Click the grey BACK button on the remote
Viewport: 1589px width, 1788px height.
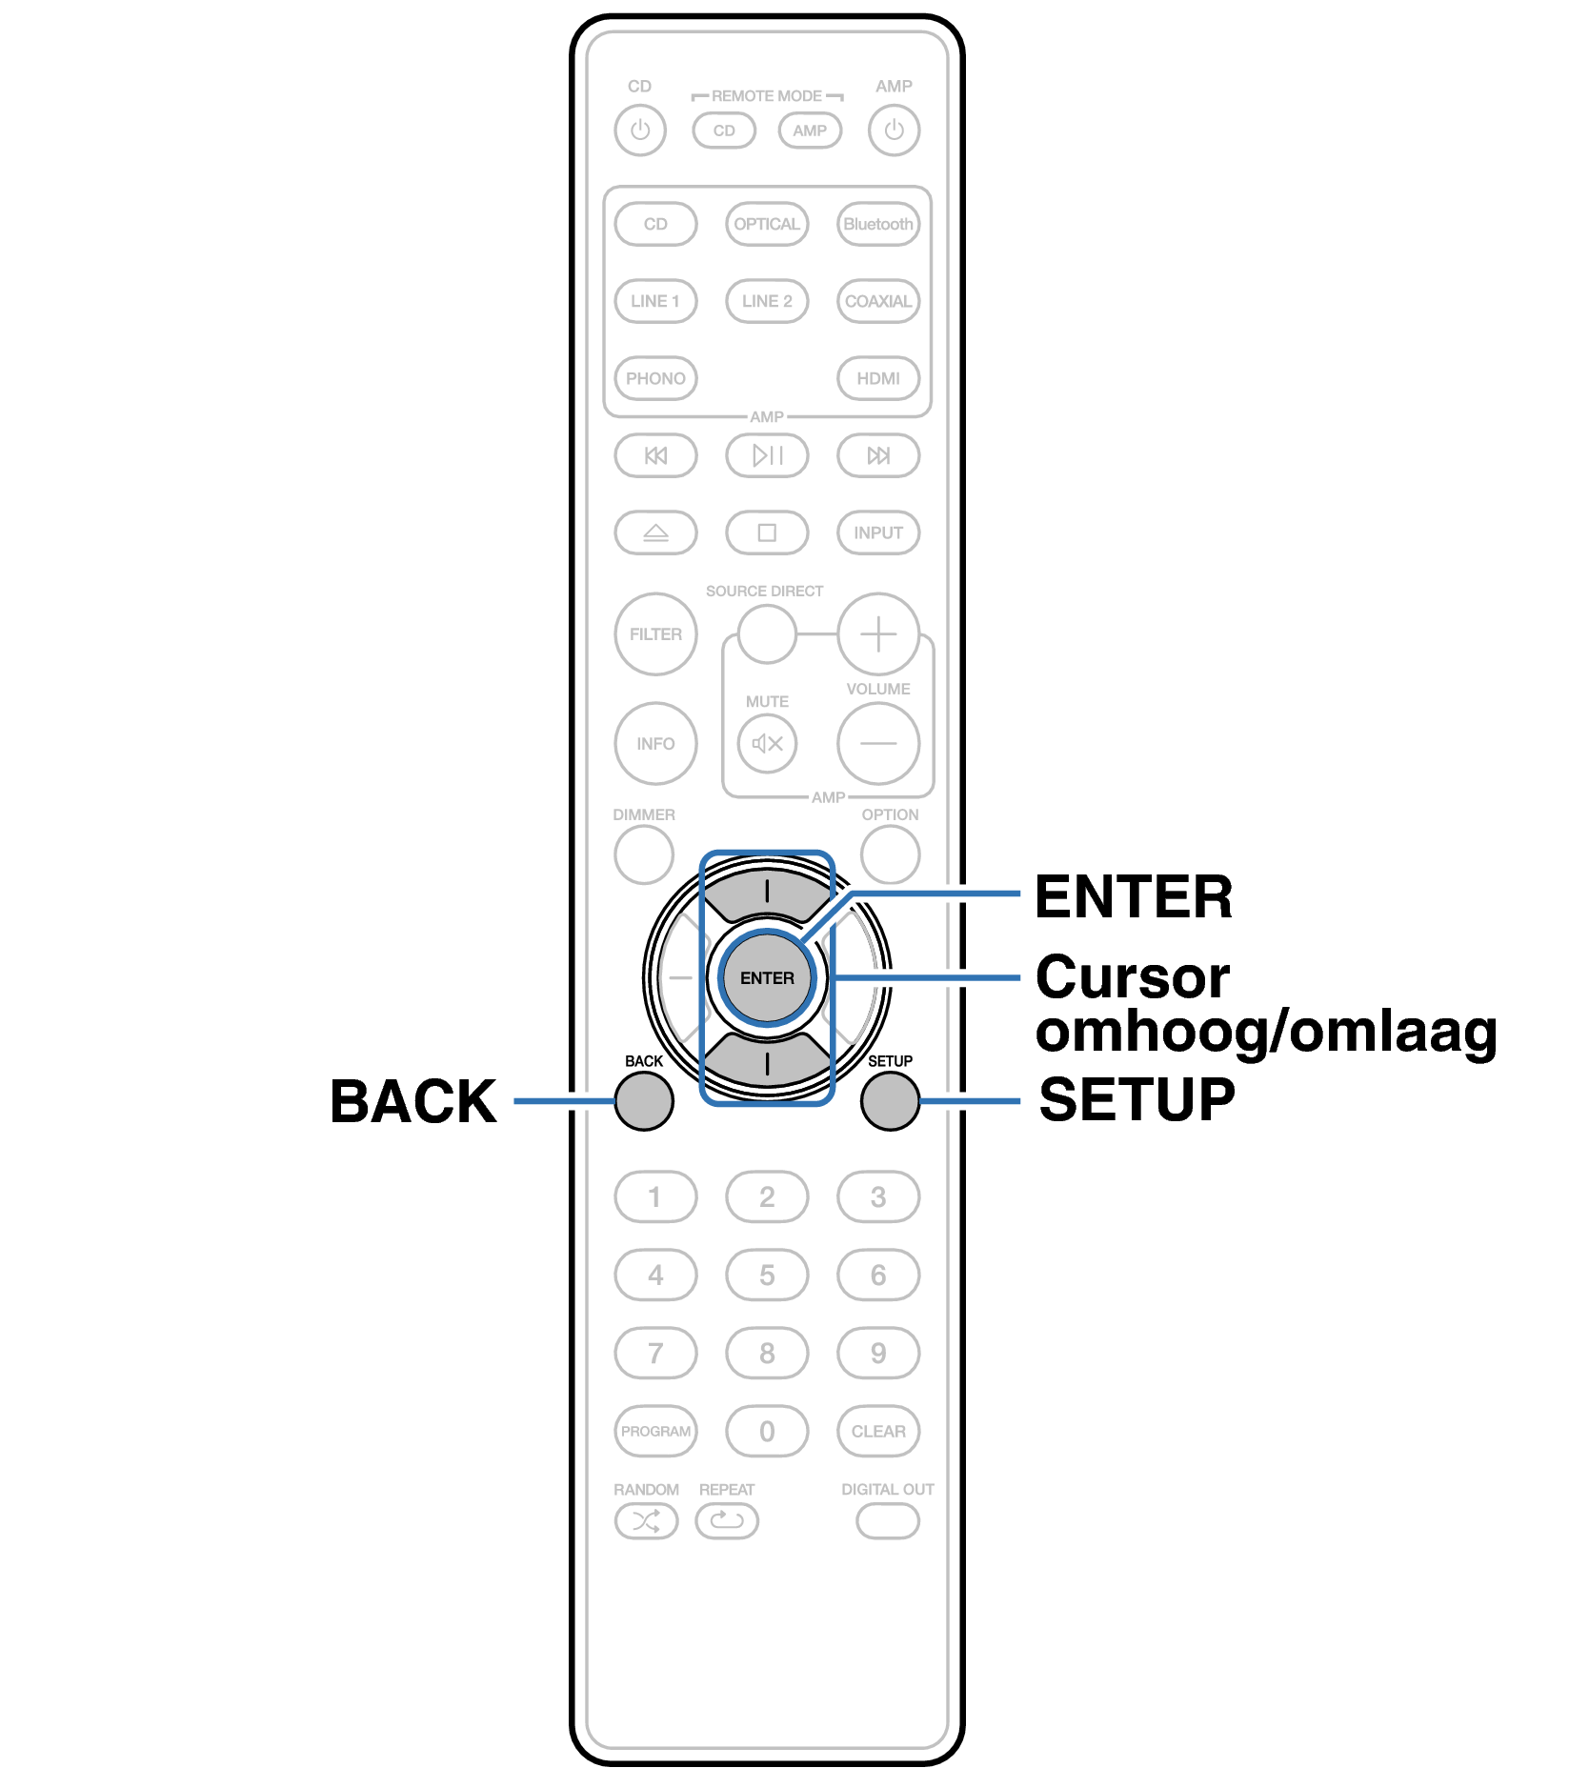coord(644,1101)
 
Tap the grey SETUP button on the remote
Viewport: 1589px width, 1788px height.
coord(890,1101)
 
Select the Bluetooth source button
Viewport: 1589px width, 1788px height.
coord(878,225)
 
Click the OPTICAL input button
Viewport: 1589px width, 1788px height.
coord(767,225)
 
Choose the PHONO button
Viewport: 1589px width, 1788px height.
coord(655,378)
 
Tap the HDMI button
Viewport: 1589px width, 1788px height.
coord(878,378)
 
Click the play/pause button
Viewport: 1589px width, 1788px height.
coord(767,455)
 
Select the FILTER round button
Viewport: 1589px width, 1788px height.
coord(655,634)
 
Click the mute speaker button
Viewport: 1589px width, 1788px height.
coord(767,743)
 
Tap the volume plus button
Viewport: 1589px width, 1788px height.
coord(878,634)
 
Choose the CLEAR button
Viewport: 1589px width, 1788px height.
coord(878,1431)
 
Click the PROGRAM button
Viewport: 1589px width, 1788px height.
coord(655,1431)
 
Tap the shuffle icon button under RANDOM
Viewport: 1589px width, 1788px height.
coord(646,1521)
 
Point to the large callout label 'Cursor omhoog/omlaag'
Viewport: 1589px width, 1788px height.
coord(1266,1004)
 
